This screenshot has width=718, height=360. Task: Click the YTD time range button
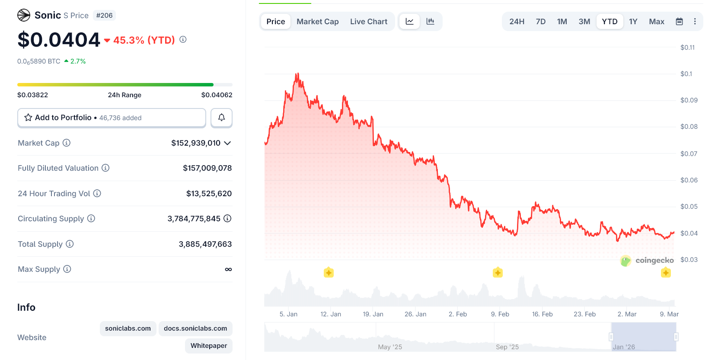click(x=610, y=22)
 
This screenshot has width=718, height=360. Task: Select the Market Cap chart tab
click(x=317, y=22)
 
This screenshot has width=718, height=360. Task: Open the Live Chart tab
click(x=368, y=22)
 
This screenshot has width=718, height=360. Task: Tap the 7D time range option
click(x=540, y=22)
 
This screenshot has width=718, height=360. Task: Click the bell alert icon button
click(x=221, y=118)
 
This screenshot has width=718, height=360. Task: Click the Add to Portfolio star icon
click(x=29, y=118)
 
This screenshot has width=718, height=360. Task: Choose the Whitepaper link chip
click(x=208, y=346)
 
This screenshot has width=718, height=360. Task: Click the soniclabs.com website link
click(x=128, y=328)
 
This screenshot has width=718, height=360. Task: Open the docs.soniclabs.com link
click(x=195, y=328)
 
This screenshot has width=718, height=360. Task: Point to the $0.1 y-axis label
click(x=686, y=74)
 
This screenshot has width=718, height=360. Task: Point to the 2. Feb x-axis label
click(x=457, y=314)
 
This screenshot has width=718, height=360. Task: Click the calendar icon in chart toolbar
click(x=679, y=22)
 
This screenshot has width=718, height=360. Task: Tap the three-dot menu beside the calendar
click(x=695, y=22)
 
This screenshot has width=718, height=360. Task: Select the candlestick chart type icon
click(x=430, y=22)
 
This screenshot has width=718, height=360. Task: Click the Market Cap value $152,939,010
click(x=196, y=143)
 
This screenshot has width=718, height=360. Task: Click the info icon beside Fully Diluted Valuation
click(x=105, y=168)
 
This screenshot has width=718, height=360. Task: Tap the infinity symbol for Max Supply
click(x=228, y=269)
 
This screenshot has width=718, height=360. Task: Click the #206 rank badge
click(x=104, y=16)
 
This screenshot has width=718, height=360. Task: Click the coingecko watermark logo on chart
click(x=647, y=260)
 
